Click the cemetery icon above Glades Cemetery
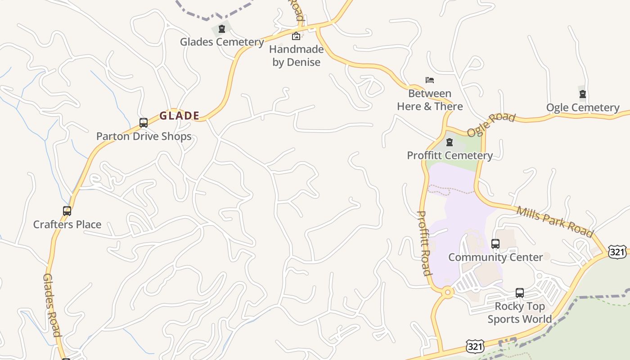point(221,29)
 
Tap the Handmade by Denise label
point(297,56)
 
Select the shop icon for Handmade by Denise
point(296,36)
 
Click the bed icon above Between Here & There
point(430,80)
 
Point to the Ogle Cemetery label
point(583,108)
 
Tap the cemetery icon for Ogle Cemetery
point(583,94)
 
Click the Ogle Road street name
point(491,124)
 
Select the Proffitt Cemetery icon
point(449,142)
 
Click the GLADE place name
point(180,116)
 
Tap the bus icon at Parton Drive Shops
point(144,122)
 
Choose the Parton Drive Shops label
point(144,136)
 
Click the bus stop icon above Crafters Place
point(67,211)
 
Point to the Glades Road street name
point(52,305)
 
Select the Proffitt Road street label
point(424,243)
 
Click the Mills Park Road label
point(554,221)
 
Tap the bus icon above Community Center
point(495,244)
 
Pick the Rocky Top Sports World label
point(520,313)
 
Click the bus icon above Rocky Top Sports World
point(520,293)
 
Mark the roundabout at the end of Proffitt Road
point(447,292)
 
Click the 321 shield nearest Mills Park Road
point(617,252)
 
